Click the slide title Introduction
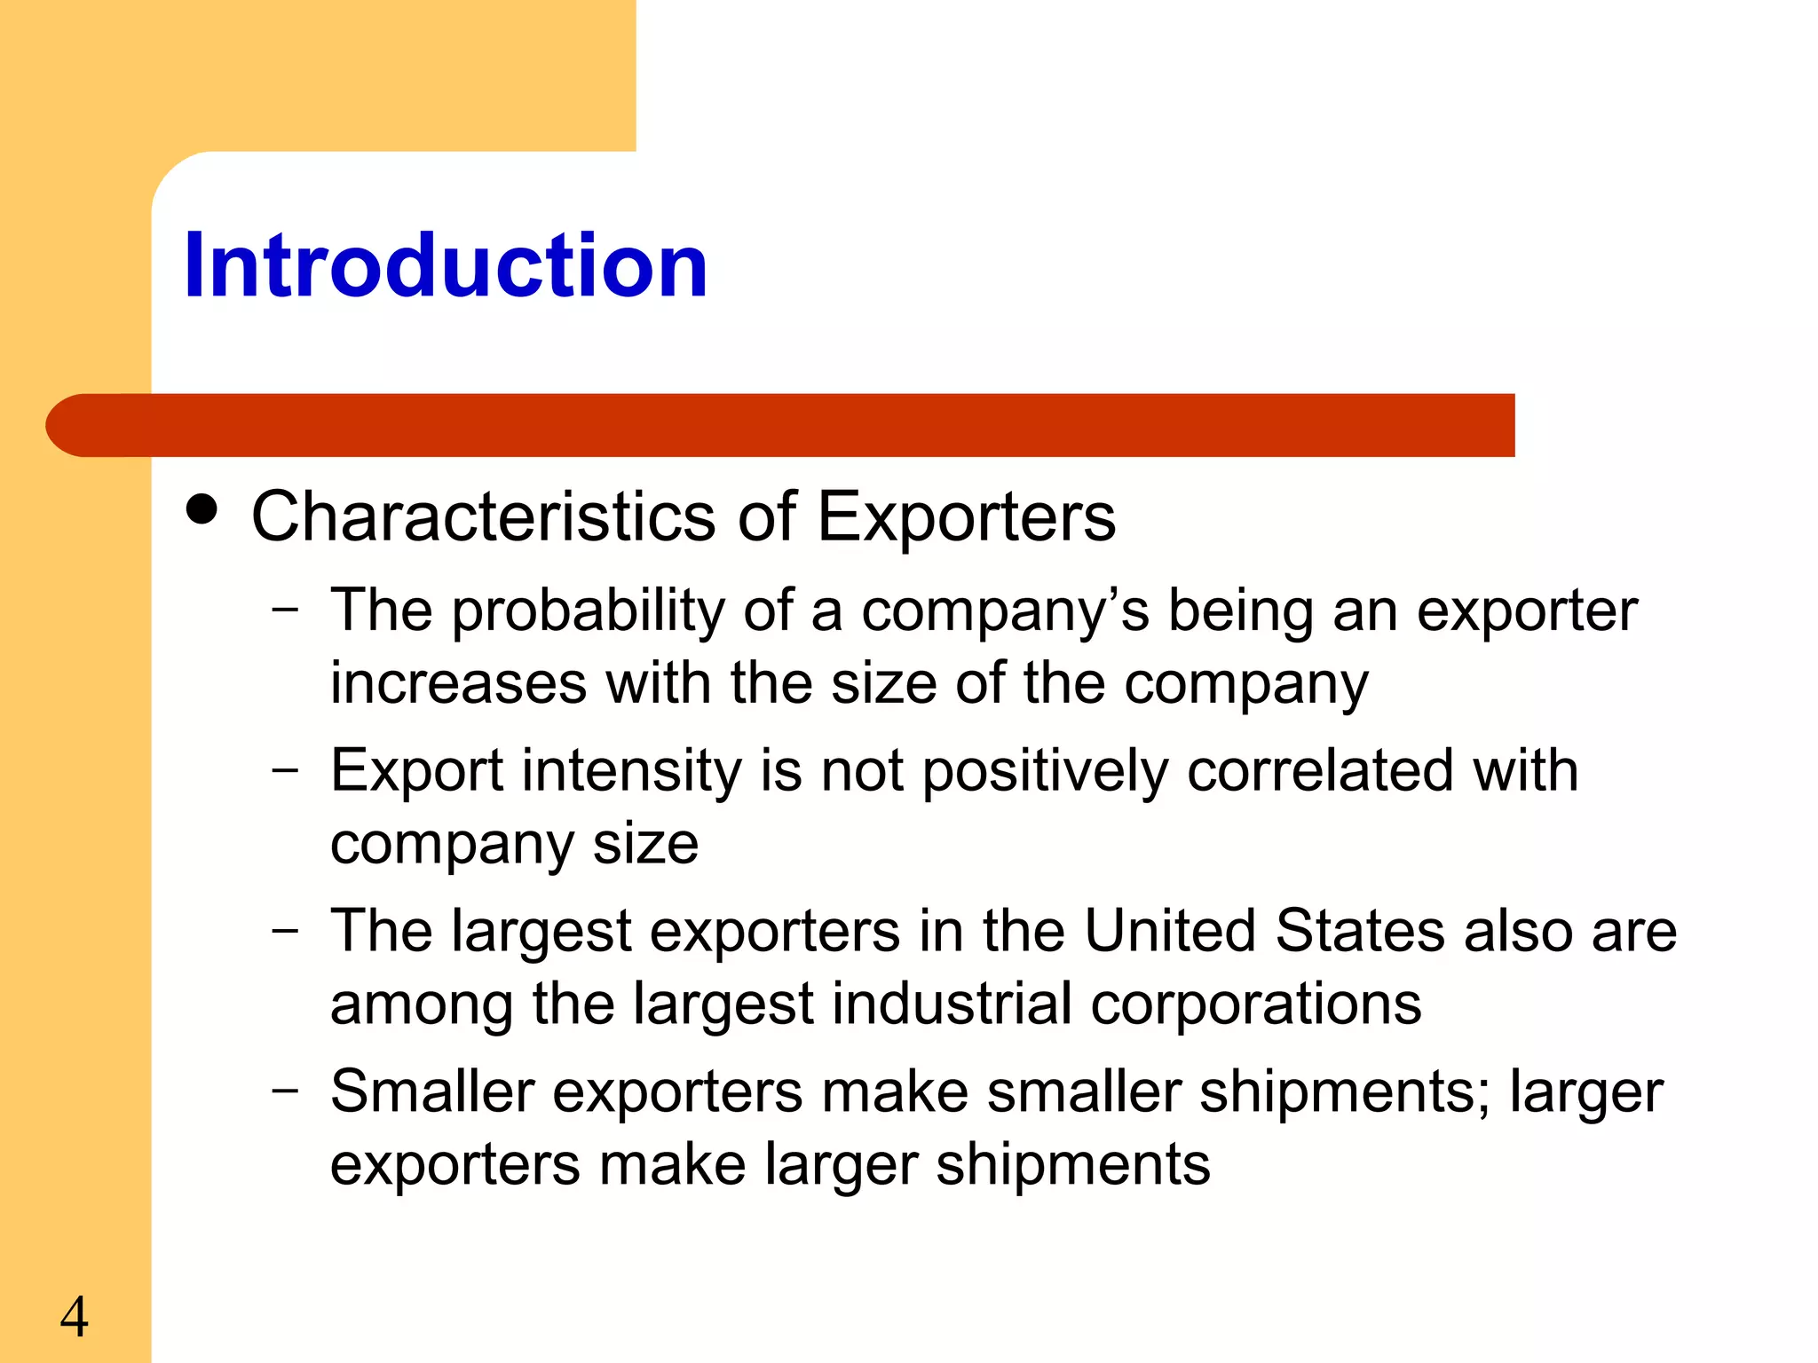[446, 265]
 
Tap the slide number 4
[75, 1317]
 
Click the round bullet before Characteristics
[202, 509]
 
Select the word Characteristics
[483, 516]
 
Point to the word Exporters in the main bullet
[966, 518]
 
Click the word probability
[589, 612]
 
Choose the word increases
[458, 684]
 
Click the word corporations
[1255, 1005]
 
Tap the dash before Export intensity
[285, 769]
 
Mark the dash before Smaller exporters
[285, 1090]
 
